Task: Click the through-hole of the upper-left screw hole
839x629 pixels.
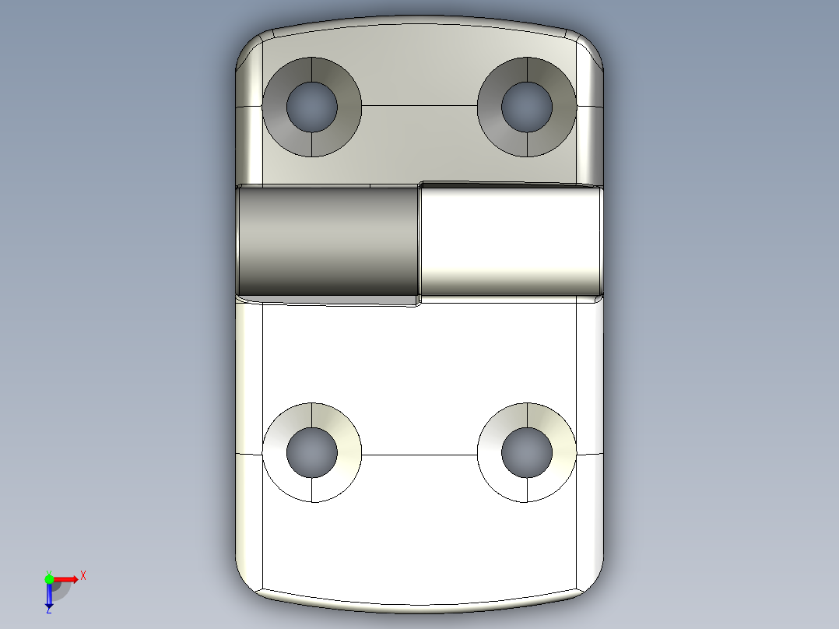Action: (x=312, y=107)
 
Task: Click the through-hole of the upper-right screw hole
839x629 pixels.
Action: (x=527, y=107)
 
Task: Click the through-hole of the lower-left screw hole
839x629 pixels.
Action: (x=312, y=452)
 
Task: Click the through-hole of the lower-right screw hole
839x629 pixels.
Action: (x=527, y=452)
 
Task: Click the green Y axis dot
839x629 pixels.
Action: (x=49, y=578)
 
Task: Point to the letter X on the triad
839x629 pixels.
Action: (x=83, y=575)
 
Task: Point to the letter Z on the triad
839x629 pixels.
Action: (x=48, y=611)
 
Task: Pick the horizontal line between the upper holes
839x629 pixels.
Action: (x=419, y=106)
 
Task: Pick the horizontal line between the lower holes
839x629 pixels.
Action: (x=419, y=454)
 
